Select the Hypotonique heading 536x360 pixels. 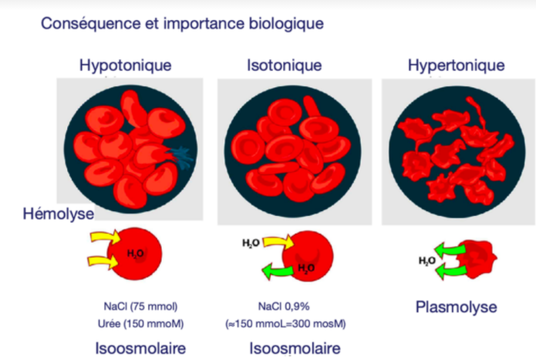click(x=125, y=65)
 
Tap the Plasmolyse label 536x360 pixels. click(x=456, y=307)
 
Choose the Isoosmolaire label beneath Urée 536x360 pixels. click(x=140, y=348)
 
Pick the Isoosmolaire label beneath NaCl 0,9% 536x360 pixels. click(x=295, y=348)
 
